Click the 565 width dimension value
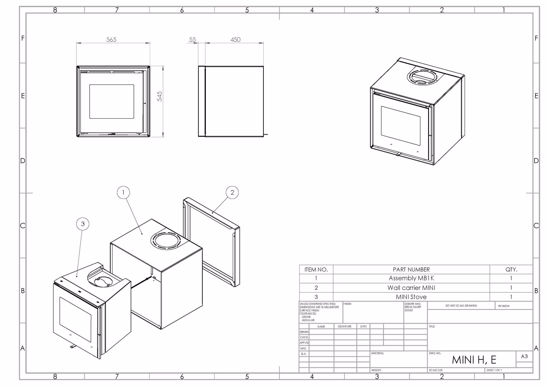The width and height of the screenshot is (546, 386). click(x=111, y=40)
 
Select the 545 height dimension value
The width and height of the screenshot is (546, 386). click(x=159, y=96)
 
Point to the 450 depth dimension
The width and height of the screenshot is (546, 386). click(x=235, y=40)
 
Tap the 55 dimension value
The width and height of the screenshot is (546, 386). click(x=192, y=40)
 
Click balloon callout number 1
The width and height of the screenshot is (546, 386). click(x=123, y=192)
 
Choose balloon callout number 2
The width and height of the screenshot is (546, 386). click(x=232, y=192)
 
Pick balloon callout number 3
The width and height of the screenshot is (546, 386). click(x=83, y=224)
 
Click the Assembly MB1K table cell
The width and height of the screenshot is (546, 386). click(x=411, y=278)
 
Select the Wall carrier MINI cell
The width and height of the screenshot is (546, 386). click(x=411, y=288)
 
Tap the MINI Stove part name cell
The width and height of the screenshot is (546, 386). click(x=411, y=297)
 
